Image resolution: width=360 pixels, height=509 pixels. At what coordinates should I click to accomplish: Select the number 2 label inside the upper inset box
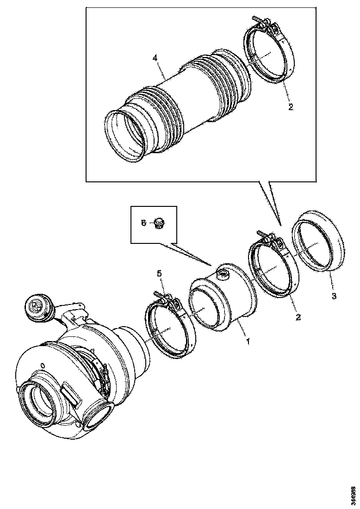(290, 107)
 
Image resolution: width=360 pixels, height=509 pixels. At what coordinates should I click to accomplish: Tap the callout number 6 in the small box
(143, 223)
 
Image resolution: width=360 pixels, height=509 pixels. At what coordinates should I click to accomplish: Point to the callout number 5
(160, 273)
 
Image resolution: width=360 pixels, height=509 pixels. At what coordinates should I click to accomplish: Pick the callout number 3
(334, 295)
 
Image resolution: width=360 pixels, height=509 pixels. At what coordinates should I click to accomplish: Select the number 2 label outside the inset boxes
(298, 317)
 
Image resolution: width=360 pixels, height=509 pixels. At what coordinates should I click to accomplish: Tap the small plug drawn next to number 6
(160, 223)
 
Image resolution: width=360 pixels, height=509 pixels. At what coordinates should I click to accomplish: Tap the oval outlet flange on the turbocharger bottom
(97, 414)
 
